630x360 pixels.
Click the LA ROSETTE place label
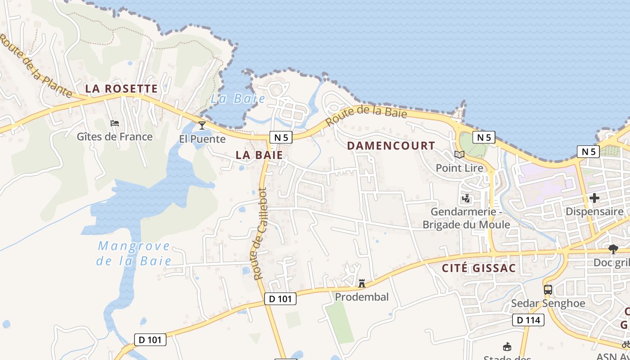[121, 89]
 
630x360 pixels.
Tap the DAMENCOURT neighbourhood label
[391, 146]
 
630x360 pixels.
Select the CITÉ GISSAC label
[479, 269]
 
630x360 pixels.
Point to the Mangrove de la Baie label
[135, 253]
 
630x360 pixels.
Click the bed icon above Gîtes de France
[115, 123]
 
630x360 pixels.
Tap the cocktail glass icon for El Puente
[202, 125]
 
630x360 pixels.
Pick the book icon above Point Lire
[459, 155]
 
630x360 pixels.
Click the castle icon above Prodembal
[361, 283]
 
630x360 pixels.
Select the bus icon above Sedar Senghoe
[548, 290]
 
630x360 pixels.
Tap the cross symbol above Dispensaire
[594, 198]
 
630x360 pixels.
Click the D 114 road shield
[528, 320]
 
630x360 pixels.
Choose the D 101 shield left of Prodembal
[280, 298]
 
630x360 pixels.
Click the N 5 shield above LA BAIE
[281, 138]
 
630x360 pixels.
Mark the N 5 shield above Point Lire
[484, 138]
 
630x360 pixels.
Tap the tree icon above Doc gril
[613, 249]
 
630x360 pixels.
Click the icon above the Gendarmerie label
[466, 198]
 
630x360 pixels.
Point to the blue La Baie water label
[238, 99]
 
